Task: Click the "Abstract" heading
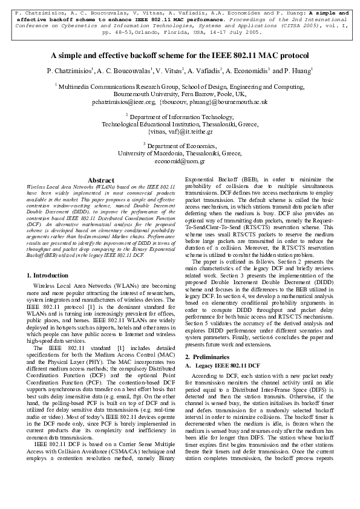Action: (x=101, y=180)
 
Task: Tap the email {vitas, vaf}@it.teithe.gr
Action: (x=180, y=130)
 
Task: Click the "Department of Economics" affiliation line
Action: (x=180, y=146)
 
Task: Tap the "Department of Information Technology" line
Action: (x=180, y=116)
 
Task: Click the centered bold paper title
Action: (x=180, y=55)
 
